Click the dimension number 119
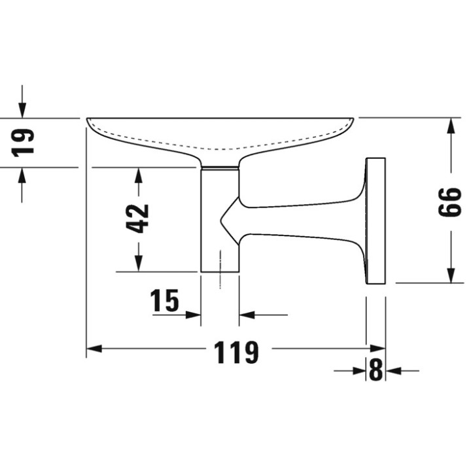[x=236, y=352]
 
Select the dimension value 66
[x=449, y=202]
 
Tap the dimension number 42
[x=137, y=218]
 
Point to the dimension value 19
[x=22, y=143]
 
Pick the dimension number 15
[x=164, y=300]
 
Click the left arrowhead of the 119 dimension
[x=94, y=349]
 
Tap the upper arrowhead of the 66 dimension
[x=450, y=126]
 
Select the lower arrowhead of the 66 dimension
[x=450, y=275]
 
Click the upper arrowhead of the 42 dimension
[x=138, y=175]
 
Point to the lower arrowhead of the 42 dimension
[x=138, y=264]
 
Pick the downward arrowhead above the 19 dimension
[x=22, y=110]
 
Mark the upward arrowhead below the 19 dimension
[x=22, y=175]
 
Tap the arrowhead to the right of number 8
[x=394, y=371]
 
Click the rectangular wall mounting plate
[x=375, y=221]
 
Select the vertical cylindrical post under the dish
[x=220, y=220]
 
